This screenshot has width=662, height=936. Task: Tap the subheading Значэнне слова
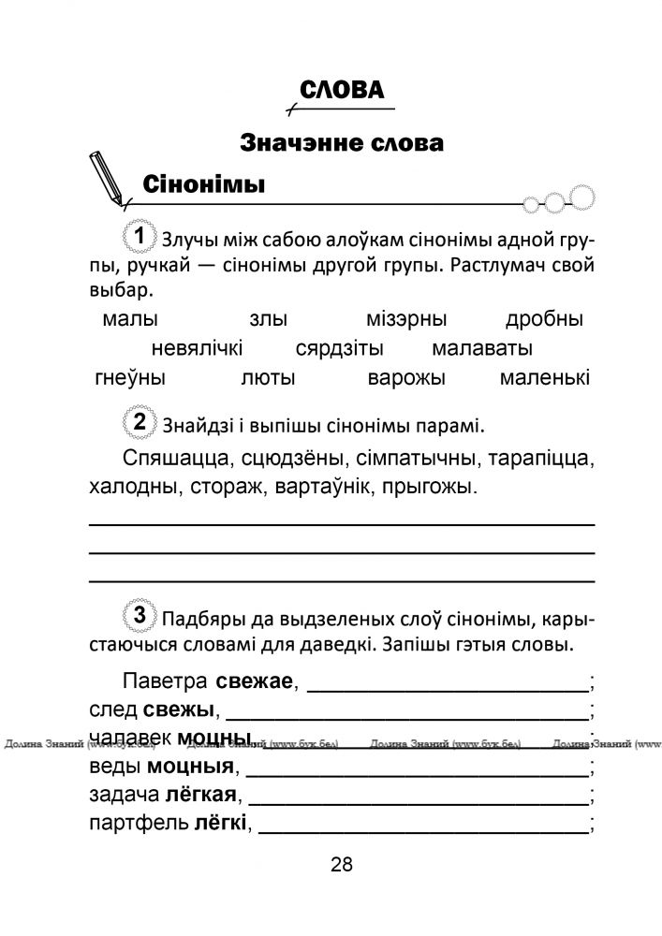[x=341, y=143]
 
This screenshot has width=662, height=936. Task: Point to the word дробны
[x=544, y=319]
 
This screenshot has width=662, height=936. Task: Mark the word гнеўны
[x=130, y=379]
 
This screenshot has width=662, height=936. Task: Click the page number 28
[x=341, y=865]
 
